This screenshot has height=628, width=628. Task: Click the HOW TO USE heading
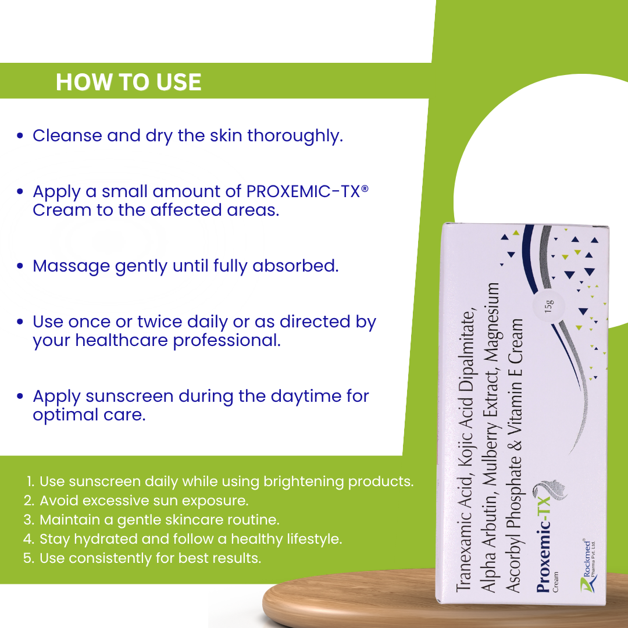point(129,82)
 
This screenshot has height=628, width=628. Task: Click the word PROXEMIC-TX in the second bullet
point(304,191)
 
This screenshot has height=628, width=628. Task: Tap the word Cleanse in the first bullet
point(67,135)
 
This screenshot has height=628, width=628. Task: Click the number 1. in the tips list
point(30,481)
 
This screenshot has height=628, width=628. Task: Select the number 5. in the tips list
point(29,558)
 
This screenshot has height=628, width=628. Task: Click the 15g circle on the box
point(549,306)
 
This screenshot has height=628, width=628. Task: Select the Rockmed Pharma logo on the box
point(588,566)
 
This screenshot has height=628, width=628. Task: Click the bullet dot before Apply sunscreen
point(20,397)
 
